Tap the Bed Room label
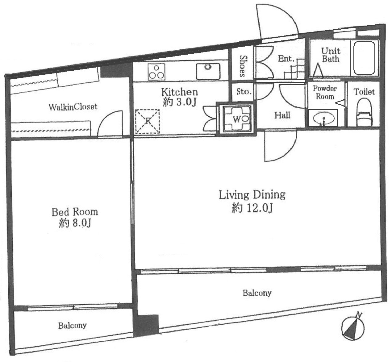click(x=75, y=218)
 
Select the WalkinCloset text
click(x=73, y=107)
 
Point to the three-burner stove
click(x=156, y=72)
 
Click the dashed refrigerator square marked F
click(x=148, y=121)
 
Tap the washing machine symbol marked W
click(x=237, y=119)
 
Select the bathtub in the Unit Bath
click(x=364, y=58)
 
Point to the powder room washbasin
click(x=324, y=119)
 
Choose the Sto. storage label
click(x=244, y=91)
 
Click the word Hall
click(x=282, y=115)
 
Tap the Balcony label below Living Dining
click(x=257, y=293)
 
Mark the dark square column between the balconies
click(x=146, y=326)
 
